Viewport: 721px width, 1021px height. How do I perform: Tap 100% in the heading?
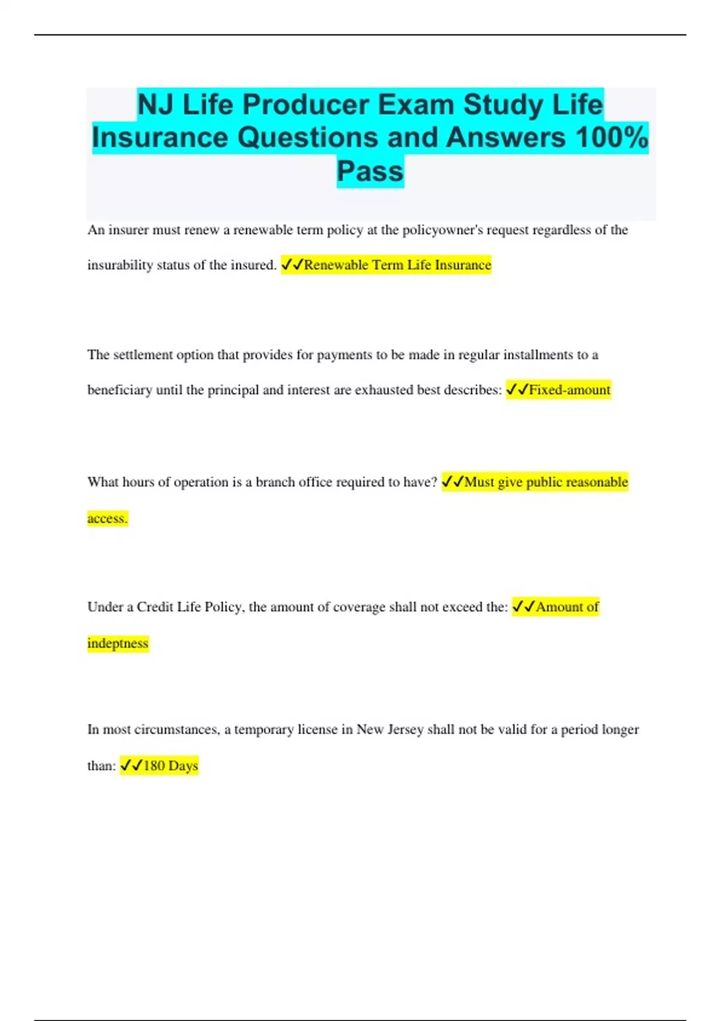coord(612,138)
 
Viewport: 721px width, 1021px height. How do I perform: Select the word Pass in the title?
coord(370,171)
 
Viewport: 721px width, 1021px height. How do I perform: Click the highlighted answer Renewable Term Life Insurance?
coord(397,265)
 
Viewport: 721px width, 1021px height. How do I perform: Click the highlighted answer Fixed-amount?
coord(569,390)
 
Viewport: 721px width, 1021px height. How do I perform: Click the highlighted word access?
coord(108,518)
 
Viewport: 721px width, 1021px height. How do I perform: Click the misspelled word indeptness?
coord(118,643)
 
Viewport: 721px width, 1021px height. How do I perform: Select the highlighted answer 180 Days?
coord(170,766)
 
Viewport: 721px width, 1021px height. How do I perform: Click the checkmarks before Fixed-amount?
coord(517,390)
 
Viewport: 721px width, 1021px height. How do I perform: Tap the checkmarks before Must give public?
coord(452,482)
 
